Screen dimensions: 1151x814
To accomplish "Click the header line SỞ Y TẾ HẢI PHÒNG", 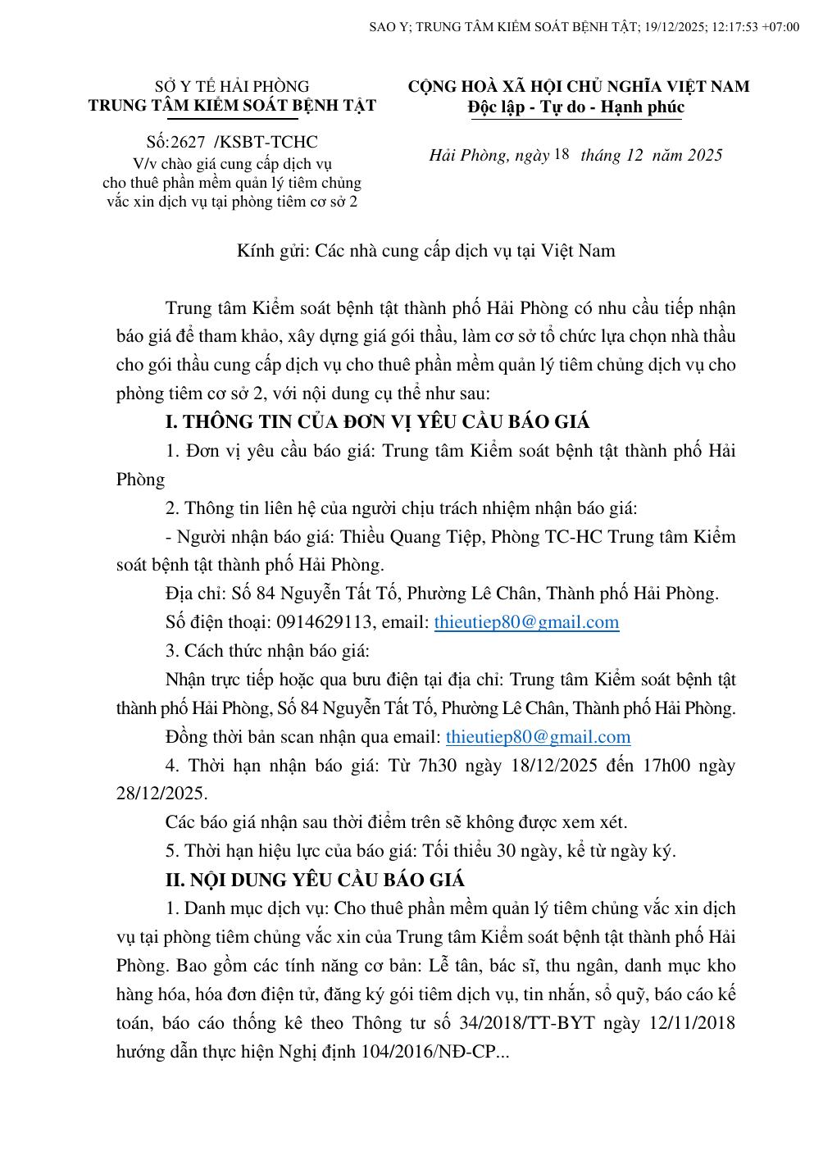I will click(232, 86).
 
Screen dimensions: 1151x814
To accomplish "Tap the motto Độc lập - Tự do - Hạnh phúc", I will click(576, 107).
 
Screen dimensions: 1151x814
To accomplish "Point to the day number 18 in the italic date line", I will click(562, 154).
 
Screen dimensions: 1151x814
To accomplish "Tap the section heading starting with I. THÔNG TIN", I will click(377, 422).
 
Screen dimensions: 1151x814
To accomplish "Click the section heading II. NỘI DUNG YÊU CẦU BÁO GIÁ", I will click(315, 880).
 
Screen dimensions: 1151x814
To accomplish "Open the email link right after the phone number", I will click(526, 622).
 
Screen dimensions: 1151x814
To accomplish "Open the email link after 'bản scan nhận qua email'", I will click(538, 737).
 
